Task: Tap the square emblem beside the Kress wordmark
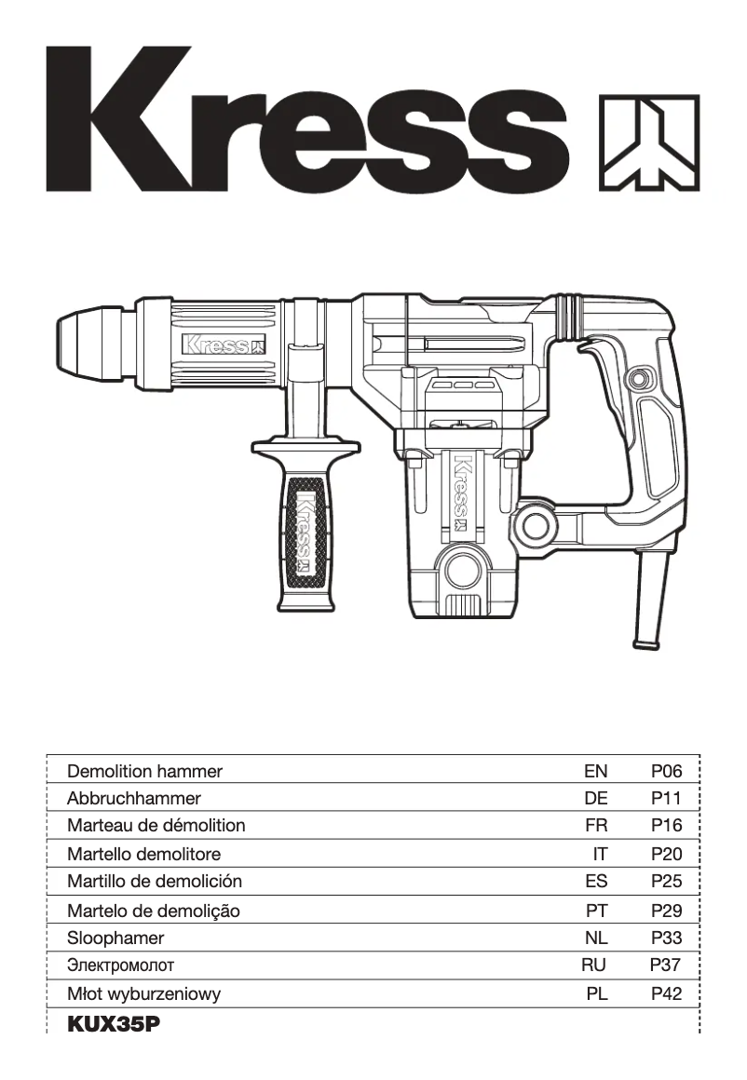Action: point(647,142)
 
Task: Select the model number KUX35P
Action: point(114,1024)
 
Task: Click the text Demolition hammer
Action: point(145,771)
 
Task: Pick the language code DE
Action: point(595,798)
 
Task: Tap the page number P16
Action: point(666,825)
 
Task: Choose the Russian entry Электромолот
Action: point(121,966)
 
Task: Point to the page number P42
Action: point(666,994)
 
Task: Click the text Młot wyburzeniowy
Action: point(144,994)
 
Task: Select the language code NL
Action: point(595,938)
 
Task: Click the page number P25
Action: point(666,881)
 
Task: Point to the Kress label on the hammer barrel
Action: point(224,345)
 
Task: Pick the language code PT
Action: point(595,911)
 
